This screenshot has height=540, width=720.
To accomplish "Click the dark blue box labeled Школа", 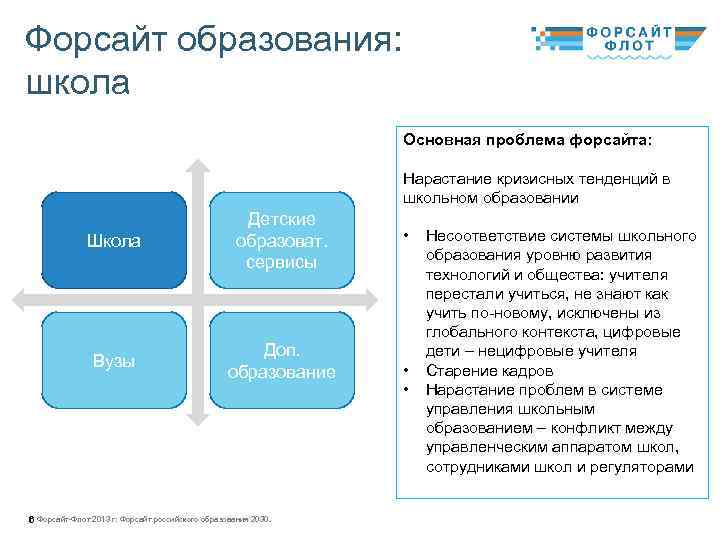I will point(114,241).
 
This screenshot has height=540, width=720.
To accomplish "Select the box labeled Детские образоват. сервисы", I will point(281,241).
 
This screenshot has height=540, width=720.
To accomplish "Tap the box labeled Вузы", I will point(114,361).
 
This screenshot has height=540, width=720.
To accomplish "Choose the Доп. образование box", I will point(281,361).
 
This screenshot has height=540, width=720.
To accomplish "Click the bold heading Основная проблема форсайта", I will point(526,139).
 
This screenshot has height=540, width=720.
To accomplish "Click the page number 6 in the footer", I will point(31,520).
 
